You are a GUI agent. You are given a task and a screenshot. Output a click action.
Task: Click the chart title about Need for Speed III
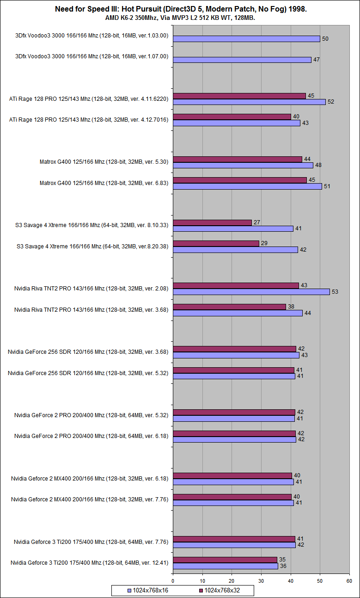pyautogui.click(x=180, y=9)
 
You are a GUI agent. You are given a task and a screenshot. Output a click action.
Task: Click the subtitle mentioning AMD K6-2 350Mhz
pyautogui.click(x=180, y=18)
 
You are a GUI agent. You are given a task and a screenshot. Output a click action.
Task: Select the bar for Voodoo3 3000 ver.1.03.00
pyautogui.click(x=246, y=39)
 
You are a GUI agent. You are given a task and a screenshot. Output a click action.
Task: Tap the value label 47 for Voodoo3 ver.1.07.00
pyautogui.click(x=317, y=60)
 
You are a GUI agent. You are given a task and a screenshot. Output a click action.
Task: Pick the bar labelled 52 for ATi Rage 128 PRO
pyautogui.click(x=250, y=102)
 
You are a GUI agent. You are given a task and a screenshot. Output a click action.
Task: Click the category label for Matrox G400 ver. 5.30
pyautogui.click(x=104, y=162)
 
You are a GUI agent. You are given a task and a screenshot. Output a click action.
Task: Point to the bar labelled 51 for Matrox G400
pyautogui.click(x=247, y=186)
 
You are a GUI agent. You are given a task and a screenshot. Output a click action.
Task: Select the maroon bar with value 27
pyautogui.click(x=212, y=222)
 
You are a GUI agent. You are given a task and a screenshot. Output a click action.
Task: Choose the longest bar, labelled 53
pyautogui.click(x=251, y=292)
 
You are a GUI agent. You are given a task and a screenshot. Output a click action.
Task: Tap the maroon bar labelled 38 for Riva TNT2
pyautogui.click(x=229, y=307)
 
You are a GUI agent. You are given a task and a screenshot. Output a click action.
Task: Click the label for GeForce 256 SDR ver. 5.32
pyautogui.click(x=88, y=373)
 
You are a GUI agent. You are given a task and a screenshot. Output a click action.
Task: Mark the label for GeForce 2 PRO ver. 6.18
pyautogui.click(x=91, y=436)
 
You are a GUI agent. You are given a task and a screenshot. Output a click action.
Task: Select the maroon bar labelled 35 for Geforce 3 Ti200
pyautogui.click(x=225, y=560)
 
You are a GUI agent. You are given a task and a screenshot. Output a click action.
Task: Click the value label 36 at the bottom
pyautogui.click(x=282, y=566)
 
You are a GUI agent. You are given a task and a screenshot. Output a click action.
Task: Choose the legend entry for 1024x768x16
pyautogui.click(x=148, y=591)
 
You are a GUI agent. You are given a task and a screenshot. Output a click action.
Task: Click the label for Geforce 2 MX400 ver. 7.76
pyautogui.click(x=90, y=499)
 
